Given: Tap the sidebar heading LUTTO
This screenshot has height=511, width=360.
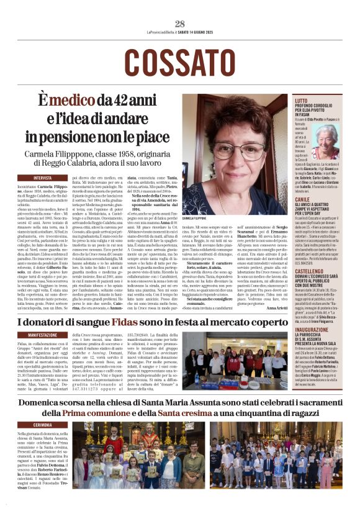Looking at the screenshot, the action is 300,100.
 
